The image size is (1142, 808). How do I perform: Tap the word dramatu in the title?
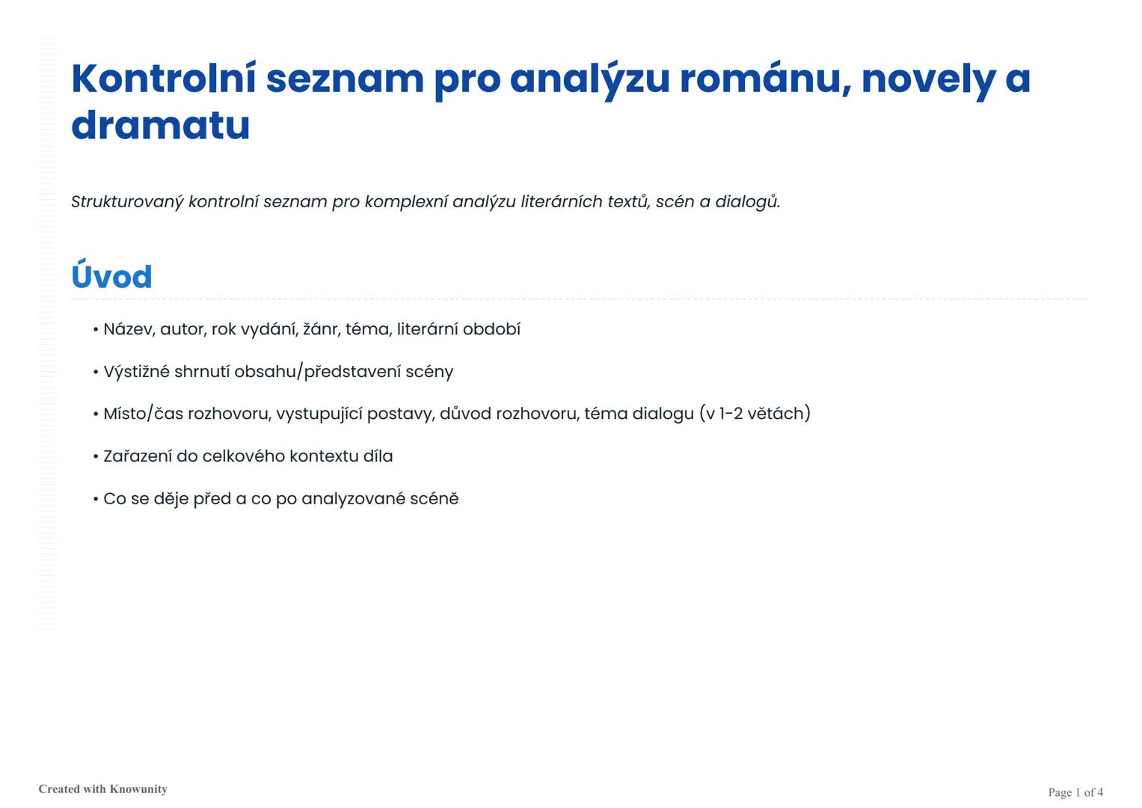click(160, 125)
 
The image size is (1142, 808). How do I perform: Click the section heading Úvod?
click(111, 277)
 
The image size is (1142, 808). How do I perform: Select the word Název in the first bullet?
click(129, 329)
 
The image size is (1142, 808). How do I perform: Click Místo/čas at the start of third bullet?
click(143, 414)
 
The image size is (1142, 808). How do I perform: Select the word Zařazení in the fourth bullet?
click(137, 456)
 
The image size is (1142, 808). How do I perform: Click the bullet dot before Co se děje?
click(96, 499)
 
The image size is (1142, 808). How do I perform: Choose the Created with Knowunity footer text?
click(103, 789)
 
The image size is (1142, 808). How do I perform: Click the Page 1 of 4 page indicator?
click(1075, 792)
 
